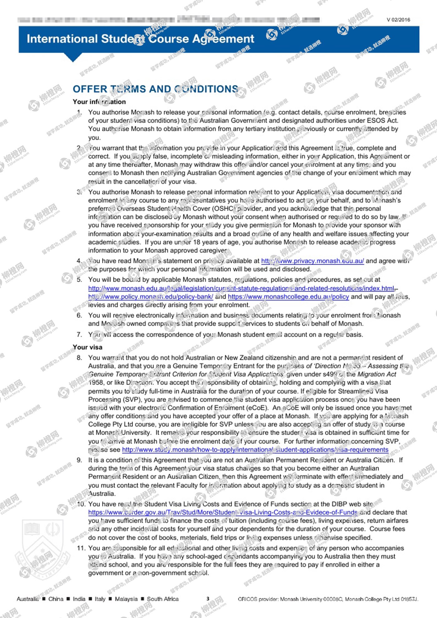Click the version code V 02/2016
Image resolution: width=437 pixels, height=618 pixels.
click(x=398, y=20)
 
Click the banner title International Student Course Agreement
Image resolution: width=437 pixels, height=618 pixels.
click(x=140, y=39)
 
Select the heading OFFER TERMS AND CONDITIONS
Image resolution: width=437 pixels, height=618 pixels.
click(x=155, y=89)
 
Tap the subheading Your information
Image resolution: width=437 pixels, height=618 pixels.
click(x=99, y=102)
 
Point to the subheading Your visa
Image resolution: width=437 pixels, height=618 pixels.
click(x=87, y=347)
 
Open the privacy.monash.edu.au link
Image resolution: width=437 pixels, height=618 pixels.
click(x=312, y=261)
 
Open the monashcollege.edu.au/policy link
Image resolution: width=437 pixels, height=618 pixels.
click(x=288, y=297)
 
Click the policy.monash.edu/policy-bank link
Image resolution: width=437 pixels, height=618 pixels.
click(x=150, y=297)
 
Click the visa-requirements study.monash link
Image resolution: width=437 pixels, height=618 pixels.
click(x=255, y=450)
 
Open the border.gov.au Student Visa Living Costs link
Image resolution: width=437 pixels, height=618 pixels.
click(x=223, y=512)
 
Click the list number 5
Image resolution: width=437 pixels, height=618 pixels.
click(x=79, y=280)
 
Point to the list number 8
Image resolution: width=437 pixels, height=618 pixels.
click(x=79, y=358)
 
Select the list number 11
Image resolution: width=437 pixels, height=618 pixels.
click(x=81, y=548)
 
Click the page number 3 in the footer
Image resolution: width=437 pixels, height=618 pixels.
click(x=208, y=599)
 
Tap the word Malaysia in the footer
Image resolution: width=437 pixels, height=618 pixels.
click(x=126, y=599)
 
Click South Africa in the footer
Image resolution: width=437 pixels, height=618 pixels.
click(x=163, y=599)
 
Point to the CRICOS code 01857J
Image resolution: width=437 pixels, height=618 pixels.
click(x=409, y=599)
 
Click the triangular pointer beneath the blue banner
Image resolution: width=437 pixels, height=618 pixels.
click(x=73, y=57)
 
